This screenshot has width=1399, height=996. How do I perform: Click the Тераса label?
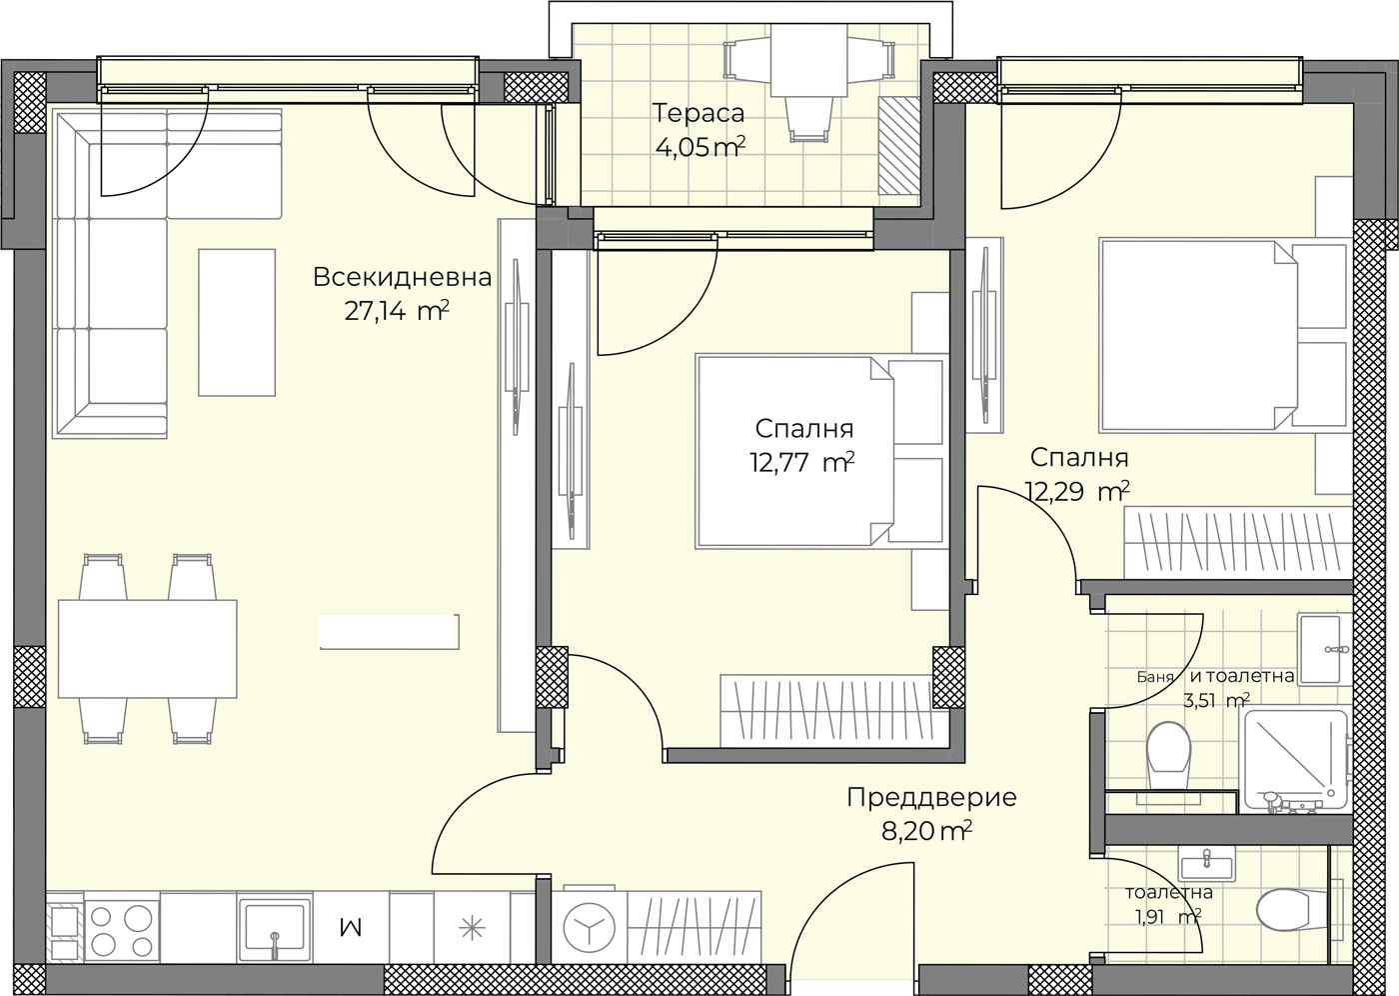click(699, 113)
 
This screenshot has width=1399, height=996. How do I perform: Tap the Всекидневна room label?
click(402, 277)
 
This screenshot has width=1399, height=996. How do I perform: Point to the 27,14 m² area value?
click(397, 311)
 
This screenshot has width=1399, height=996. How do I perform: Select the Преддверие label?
click(931, 798)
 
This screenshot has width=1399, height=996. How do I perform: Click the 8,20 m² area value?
click(926, 831)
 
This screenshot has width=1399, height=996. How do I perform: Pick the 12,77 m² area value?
click(801, 462)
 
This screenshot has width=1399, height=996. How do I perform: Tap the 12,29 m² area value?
click(1078, 491)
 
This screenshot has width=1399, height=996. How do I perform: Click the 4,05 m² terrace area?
click(700, 147)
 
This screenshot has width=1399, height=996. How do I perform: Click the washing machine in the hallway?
click(589, 927)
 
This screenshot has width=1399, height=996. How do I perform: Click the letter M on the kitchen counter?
click(351, 929)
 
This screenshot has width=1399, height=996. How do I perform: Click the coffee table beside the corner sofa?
click(237, 322)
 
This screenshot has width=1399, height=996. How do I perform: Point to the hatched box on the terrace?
click(898, 146)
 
